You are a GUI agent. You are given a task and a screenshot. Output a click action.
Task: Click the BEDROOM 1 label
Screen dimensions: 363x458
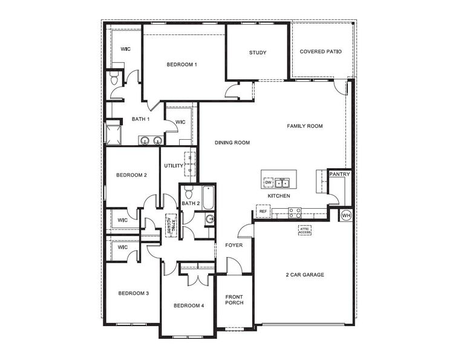(182, 64)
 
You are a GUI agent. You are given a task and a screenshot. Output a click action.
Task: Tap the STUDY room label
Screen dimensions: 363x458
(258, 53)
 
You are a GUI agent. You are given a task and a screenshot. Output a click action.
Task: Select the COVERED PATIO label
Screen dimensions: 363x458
(321, 51)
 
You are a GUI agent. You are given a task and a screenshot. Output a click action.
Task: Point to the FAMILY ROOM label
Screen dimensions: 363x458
(304, 126)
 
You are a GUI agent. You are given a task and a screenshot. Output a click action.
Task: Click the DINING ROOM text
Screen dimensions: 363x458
(232, 143)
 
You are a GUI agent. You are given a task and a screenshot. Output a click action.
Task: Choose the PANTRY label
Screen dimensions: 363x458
(339, 174)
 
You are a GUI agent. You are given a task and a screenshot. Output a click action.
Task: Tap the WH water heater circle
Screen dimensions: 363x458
(346, 215)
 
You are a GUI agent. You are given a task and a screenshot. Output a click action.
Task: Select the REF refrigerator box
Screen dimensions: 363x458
(263, 211)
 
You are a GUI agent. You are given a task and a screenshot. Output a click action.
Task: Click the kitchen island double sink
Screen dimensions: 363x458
(282, 182)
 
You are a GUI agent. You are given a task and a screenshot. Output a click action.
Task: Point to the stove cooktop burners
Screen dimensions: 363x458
(295, 212)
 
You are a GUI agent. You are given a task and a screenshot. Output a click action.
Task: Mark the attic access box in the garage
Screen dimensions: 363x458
(305, 230)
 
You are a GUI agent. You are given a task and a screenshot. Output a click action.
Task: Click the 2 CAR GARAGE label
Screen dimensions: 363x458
(305, 275)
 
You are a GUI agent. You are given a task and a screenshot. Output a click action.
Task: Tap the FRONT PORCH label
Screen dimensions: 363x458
(234, 299)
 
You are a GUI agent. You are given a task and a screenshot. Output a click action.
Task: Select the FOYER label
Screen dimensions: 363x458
(234, 245)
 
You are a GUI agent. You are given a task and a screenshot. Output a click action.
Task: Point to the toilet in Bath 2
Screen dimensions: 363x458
(188, 194)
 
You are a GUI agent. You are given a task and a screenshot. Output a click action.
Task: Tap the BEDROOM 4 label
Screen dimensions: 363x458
(189, 306)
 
